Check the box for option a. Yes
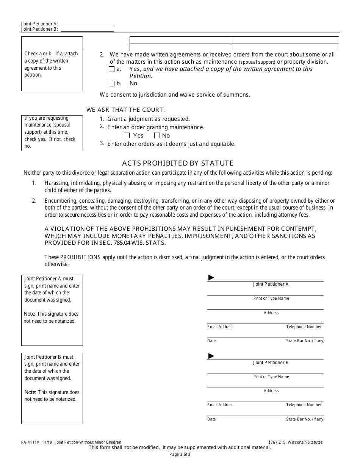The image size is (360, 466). tap(111, 69)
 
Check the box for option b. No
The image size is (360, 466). tap(111, 84)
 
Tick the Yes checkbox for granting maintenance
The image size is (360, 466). tap(127, 136)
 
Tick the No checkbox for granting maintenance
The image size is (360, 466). tap(157, 136)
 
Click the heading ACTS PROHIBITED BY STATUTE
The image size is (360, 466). tap(178, 163)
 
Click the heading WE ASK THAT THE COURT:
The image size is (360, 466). tap(125, 110)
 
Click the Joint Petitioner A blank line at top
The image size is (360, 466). tap(87, 23)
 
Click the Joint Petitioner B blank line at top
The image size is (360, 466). tap(87, 29)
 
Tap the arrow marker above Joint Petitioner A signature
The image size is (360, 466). tap(211, 278)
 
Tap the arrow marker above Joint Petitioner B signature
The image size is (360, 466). tap(211, 356)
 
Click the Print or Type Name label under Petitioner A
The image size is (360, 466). tap(271, 299)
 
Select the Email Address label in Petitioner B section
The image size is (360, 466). tap(220, 405)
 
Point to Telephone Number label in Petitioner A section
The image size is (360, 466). tap(304, 327)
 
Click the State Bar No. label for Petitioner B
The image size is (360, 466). tap(305, 419)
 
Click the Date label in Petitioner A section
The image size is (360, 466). tap(211, 341)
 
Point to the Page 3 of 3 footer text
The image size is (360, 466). tap(180, 454)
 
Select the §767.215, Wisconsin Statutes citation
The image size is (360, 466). tap(295, 442)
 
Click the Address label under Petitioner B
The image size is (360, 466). tap(271, 391)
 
